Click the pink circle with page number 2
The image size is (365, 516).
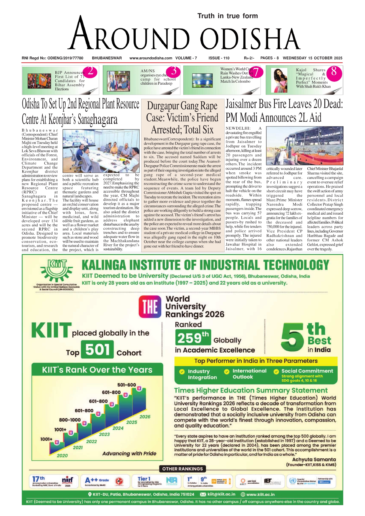pos(91,71)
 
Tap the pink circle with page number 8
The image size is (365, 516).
pos(334,71)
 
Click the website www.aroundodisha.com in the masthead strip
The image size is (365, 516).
pos(151,58)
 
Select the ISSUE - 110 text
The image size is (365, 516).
pos(219,58)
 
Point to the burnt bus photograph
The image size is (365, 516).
pos(305,146)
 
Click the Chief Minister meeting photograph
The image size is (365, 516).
pos(101,151)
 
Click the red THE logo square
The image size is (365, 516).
pos(150,307)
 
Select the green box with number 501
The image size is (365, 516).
pos(97,350)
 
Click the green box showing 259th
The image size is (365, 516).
pos(193,338)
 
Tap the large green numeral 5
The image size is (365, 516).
pos(292,338)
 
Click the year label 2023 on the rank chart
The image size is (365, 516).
pos(104,434)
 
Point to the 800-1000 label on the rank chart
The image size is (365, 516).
pos(70,420)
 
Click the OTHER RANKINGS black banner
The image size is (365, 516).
pos(182,469)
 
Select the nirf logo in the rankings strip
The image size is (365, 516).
pos(67,480)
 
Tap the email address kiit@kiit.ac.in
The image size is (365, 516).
pos(221,494)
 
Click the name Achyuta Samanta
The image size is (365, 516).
pos(314,460)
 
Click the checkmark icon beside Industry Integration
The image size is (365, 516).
pos(182,371)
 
